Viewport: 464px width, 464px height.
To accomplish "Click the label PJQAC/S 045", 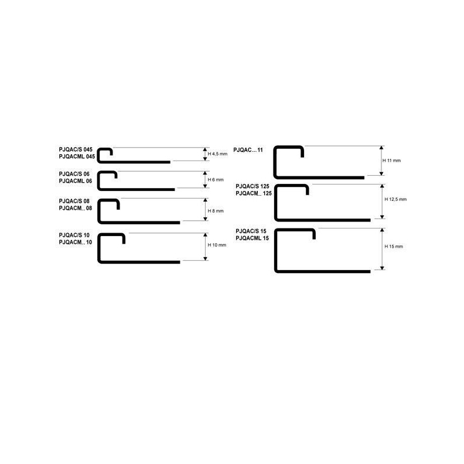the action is click(x=76, y=149).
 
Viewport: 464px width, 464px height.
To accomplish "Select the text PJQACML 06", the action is click(x=75, y=181).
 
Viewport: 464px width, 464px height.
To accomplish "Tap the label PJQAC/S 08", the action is click(x=74, y=201).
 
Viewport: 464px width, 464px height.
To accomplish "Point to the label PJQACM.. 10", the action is click(x=75, y=242).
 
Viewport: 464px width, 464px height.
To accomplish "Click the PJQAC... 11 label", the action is click(x=248, y=150).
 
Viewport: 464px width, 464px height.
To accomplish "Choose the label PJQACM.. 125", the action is click(x=254, y=193).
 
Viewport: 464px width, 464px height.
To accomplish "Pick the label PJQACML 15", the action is click(x=252, y=238).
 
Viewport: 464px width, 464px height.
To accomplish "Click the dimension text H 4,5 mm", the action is click(x=217, y=154).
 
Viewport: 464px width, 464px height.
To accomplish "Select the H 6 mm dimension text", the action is click(x=216, y=180).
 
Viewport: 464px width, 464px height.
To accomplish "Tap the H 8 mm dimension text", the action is click(x=216, y=211).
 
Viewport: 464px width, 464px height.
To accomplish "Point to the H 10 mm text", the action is click(x=217, y=245).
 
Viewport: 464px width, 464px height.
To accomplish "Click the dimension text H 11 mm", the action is click(x=391, y=161).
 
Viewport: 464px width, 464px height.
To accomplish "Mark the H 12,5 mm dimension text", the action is click(x=395, y=199).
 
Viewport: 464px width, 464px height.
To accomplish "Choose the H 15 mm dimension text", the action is click(x=394, y=247).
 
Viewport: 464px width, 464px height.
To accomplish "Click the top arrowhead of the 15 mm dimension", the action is click(x=382, y=230).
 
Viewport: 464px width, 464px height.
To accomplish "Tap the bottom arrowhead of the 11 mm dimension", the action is click(x=381, y=173).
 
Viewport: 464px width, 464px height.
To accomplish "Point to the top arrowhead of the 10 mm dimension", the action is click(x=206, y=235).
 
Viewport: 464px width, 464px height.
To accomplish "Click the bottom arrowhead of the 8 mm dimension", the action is click(x=206, y=219).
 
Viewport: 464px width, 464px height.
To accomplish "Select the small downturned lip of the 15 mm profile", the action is click(x=314, y=234).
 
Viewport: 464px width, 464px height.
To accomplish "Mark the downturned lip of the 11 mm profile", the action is click(x=302, y=152).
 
